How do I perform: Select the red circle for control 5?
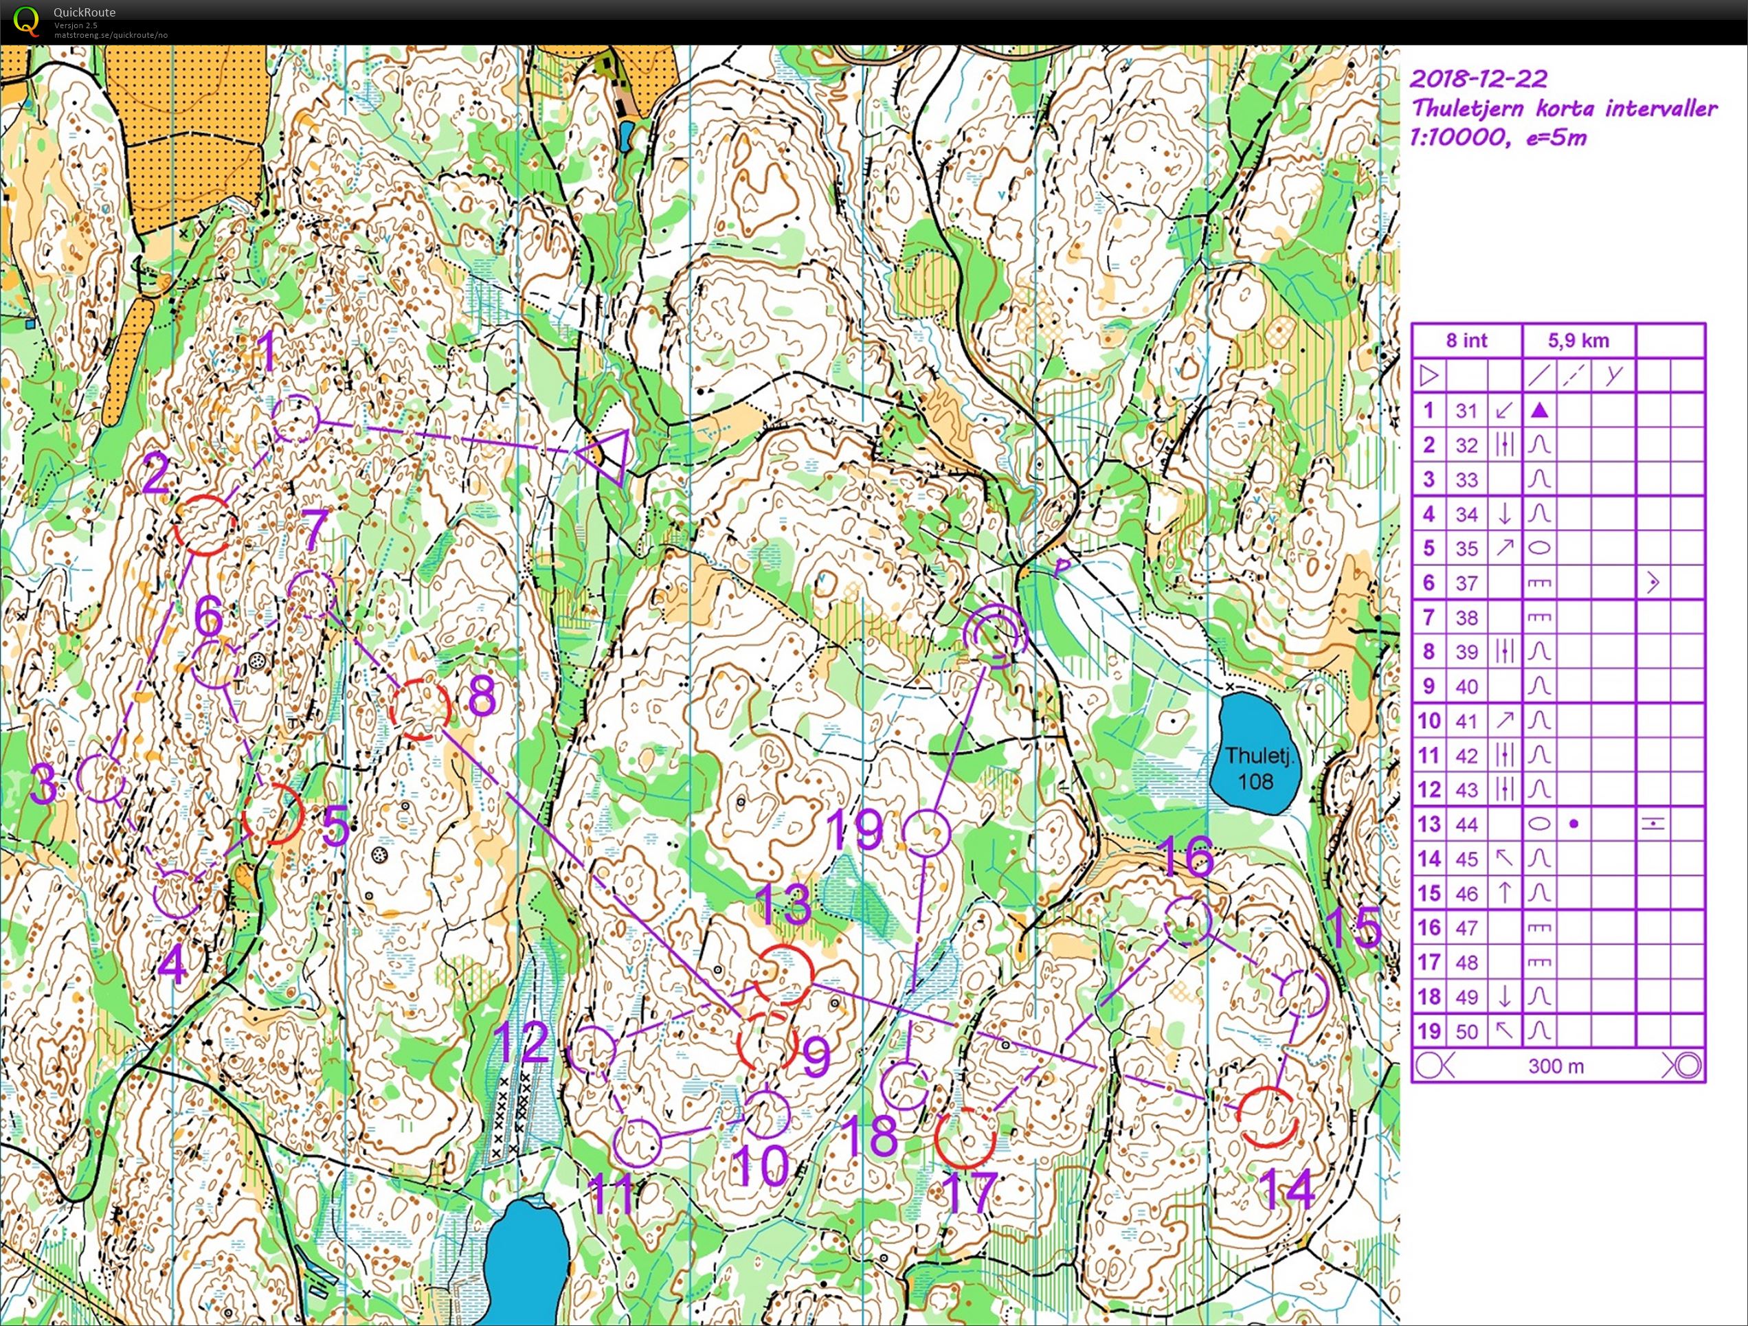[x=273, y=814]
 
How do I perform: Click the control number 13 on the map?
[x=784, y=905]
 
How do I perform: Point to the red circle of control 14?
[x=1268, y=1116]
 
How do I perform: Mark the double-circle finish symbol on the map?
[x=996, y=636]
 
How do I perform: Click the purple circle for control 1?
[x=295, y=420]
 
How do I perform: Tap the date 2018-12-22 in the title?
[x=1479, y=78]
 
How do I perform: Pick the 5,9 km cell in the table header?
[x=1578, y=341]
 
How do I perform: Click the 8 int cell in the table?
[x=1467, y=341]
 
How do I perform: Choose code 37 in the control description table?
[x=1467, y=583]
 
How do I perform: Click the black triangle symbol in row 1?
[x=1538, y=411]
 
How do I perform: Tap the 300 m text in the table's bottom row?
[x=1556, y=1066]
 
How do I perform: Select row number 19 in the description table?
[x=1428, y=1031]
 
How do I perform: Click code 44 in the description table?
[x=1467, y=824]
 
